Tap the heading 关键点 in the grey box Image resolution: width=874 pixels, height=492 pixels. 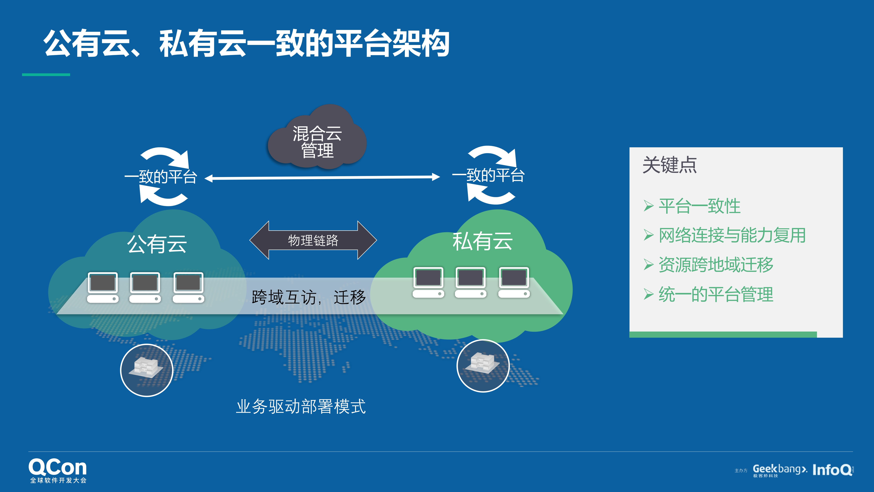pos(669,165)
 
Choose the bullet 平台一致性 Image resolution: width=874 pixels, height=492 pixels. pos(699,206)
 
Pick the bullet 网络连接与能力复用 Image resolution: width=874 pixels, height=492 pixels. pos(732,235)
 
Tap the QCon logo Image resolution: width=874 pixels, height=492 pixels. pos(58,470)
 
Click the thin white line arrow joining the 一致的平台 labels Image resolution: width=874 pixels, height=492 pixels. pos(322,177)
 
